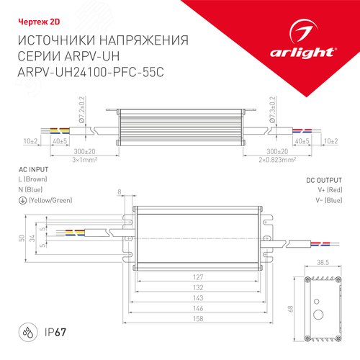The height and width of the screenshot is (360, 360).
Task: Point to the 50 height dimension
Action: (x=22, y=238)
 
